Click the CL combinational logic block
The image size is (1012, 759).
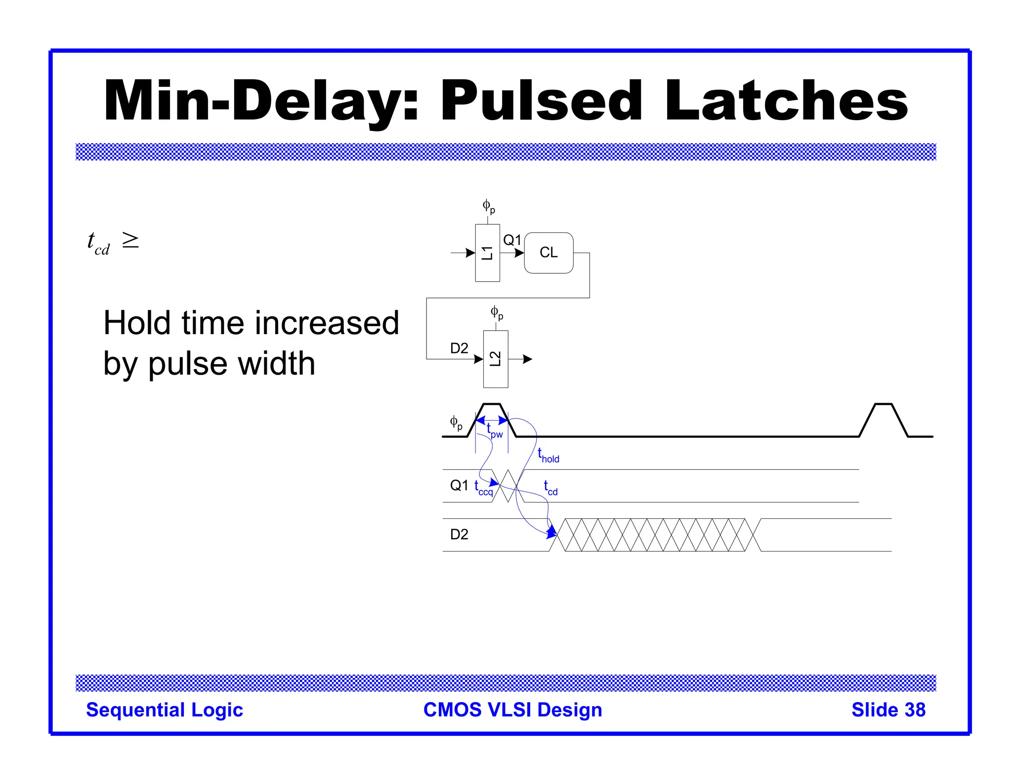point(548,253)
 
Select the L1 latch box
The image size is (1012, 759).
point(487,253)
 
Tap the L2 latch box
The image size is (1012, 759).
point(495,359)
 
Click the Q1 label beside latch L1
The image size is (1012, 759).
point(512,241)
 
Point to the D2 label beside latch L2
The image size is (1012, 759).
point(459,348)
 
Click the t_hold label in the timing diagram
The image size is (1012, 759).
point(548,456)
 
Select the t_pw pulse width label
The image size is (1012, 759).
point(494,431)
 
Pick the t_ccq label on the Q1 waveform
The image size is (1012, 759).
point(484,488)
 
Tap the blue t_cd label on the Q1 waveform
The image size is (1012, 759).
point(550,488)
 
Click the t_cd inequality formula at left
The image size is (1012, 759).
point(113,243)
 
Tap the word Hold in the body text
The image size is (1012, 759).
point(136,323)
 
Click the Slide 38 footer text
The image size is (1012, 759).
point(888,710)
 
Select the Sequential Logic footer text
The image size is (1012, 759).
point(165,710)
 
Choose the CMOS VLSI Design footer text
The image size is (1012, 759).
point(512,710)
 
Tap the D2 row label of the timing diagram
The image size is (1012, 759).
point(459,534)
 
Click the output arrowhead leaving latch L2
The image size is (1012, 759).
point(528,359)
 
